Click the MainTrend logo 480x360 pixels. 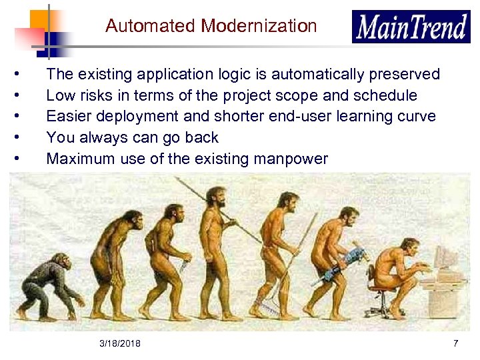coord(411,27)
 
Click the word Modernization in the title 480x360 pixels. coord(259,26)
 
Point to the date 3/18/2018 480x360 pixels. coord(119,343)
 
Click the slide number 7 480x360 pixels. coord(455,343)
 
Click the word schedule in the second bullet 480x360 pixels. coord(387,95)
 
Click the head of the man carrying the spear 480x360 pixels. coord(215,196)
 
